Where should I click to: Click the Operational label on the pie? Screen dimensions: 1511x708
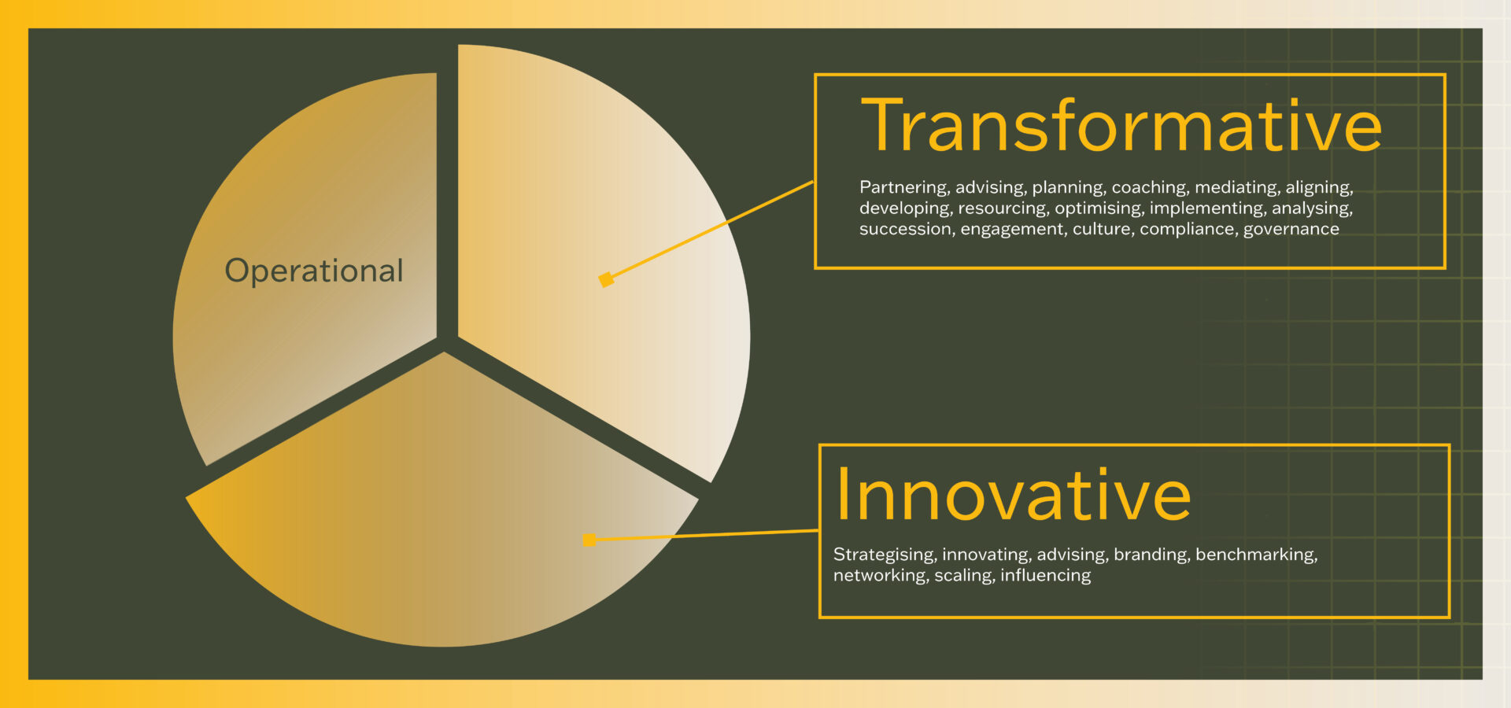tap(314, 271)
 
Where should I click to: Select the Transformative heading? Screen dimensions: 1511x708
tap(1121, 126)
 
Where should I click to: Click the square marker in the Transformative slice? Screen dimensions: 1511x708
tap(606, 279)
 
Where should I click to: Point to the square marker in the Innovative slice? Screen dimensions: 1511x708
tap(589, 540)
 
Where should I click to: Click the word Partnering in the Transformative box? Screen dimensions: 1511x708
tap(903, 187)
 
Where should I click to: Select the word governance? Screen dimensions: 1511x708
tap(1291, 229)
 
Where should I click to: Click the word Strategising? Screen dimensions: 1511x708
tap(885, 555)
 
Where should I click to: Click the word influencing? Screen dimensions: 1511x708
tap(1045, 576)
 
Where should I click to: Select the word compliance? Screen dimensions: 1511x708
tap(1188, 230)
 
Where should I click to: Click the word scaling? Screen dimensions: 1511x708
tap(964, 576)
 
